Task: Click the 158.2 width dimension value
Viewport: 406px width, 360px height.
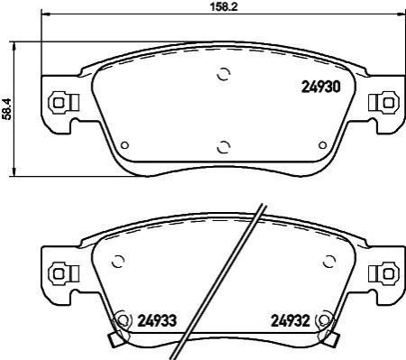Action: pyautogui.click(x=224, y=6)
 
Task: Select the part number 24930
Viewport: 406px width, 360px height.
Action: pyautogui.click(x=320, y=88)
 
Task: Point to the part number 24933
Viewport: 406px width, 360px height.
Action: pyautogui.click(x=157, y=321)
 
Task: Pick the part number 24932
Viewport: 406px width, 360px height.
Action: pyautogui.click(x=291, y=321)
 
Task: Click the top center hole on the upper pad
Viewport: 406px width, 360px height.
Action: pyautogui.click(x=224, y=74)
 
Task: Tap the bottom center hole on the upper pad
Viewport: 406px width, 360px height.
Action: pyautogui.click(x=224, y=147)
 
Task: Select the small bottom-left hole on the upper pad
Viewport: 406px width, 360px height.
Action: pyautogui.click(x=125, y=145)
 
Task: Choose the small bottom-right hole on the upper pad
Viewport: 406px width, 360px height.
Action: pyautogui.click(x=322, y=145)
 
